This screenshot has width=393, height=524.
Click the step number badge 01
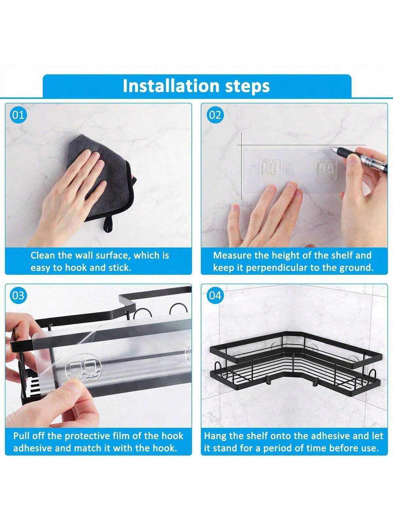click(18, 115)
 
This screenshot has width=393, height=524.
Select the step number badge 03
click(18, 296)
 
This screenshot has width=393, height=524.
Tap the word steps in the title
click(248, 87)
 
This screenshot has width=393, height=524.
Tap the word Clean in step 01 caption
click(43, 256)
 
